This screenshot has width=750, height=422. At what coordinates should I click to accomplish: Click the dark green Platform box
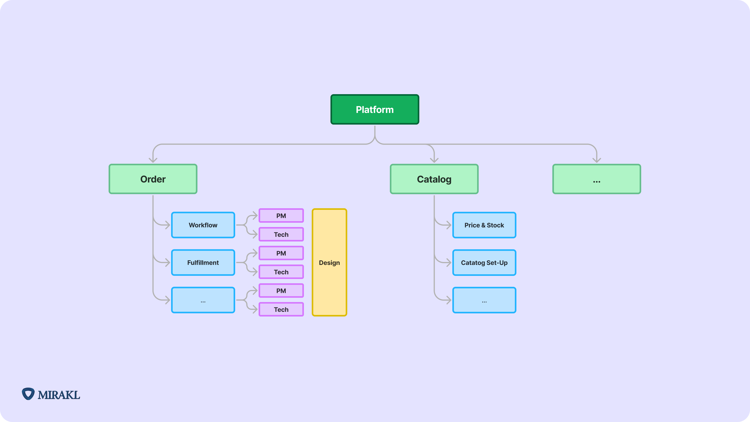[375, 109]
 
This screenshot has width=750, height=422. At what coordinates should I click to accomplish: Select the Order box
[153, 179]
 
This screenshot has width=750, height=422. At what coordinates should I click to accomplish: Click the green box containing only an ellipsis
[596, 179]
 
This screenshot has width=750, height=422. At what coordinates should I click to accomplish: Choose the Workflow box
[203, 225]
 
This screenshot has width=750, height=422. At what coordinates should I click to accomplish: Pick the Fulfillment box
[203, 262]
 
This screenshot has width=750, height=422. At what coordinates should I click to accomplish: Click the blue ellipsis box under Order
[203, 300]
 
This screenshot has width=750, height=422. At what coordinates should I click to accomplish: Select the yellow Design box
[329, 262]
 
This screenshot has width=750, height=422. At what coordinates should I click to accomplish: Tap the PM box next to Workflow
[281, 215]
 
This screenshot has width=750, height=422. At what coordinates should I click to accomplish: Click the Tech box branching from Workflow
[281, 234]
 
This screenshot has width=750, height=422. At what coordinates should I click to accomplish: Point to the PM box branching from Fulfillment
[281, 253]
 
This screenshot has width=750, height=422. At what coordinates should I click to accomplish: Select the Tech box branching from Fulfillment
[281, 272]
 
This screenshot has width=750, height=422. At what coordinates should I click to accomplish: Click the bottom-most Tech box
[281, 309]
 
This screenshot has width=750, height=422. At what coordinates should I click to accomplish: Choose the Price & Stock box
[484, 225]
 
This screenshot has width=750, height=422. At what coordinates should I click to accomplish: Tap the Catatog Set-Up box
[484, 262]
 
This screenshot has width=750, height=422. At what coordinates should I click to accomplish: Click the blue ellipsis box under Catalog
[484, 300]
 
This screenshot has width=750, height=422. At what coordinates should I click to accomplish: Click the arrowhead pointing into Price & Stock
[449, 225]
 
